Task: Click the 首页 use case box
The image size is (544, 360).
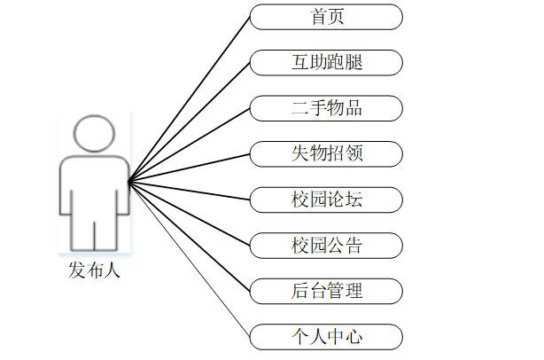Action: (326, 17)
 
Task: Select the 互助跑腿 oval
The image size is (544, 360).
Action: (326, 63)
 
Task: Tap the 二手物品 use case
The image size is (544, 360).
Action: (326, 109)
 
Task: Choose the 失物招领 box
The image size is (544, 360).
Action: (326, 154)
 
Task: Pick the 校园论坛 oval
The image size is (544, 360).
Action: (326, 200)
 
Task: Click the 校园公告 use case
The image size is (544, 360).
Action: (326, 245)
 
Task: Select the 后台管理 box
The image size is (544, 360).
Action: (326, 291)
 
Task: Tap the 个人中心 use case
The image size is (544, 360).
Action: (326, 337)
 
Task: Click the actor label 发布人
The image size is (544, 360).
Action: (94, 270)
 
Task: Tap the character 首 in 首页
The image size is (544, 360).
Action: (317, 17)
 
